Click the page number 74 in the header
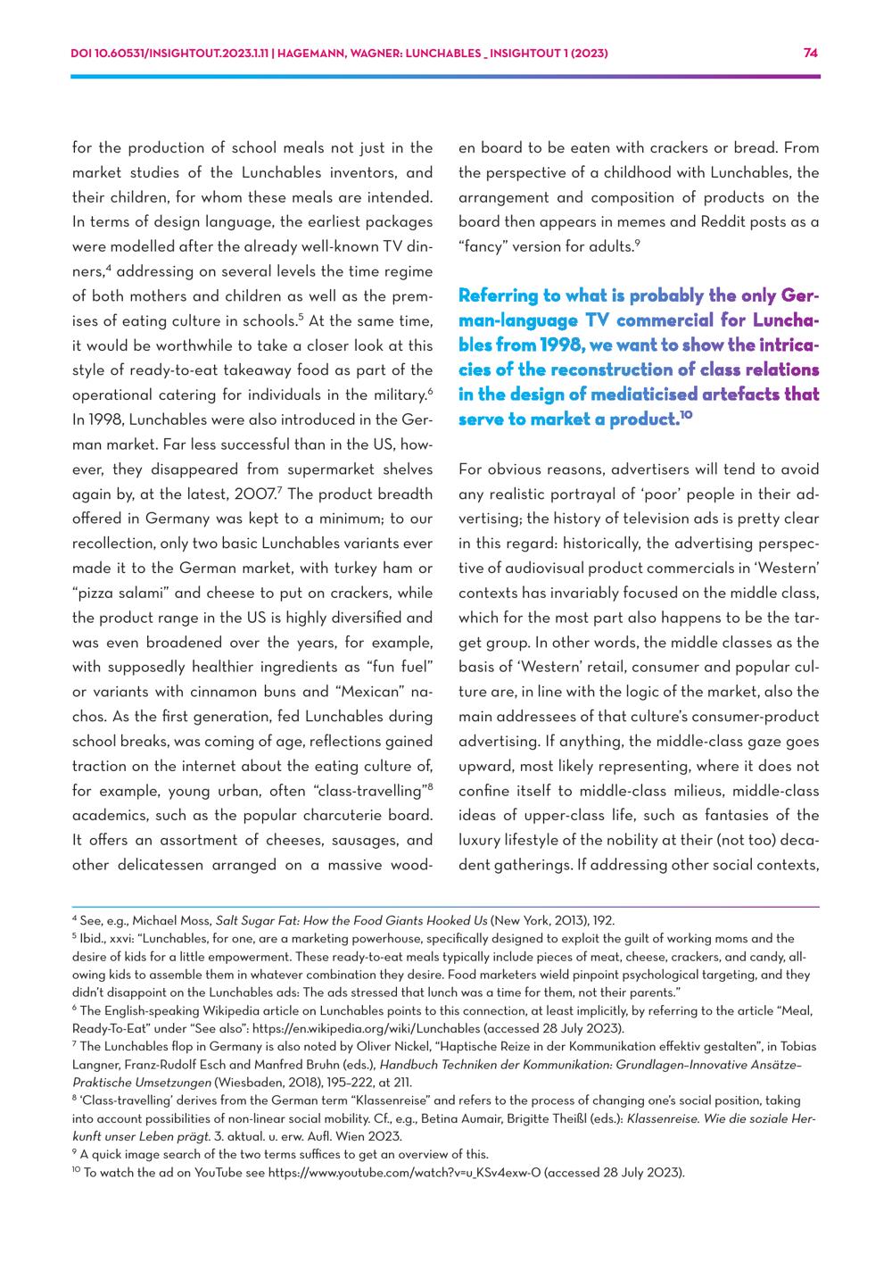(x=810, y=53)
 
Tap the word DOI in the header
(x=82, y=53)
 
